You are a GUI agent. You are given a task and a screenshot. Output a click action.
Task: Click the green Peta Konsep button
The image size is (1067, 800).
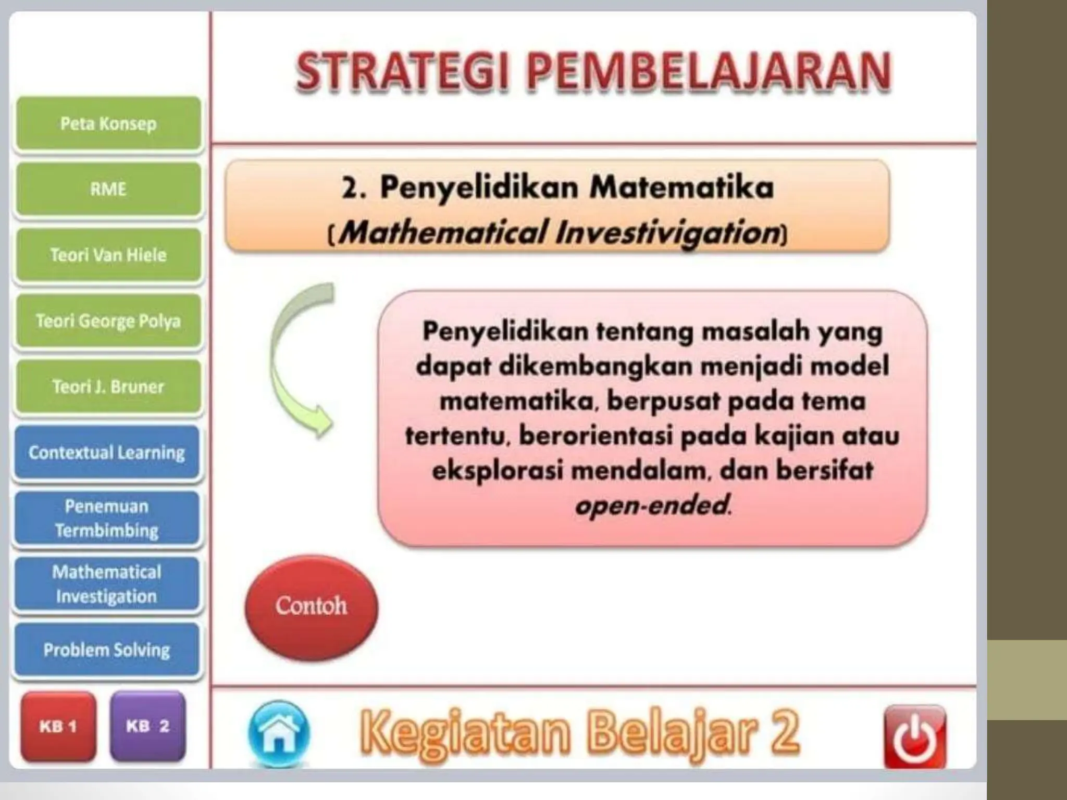click(108, 124)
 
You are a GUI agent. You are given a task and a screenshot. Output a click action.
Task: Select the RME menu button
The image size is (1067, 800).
click(108, 189)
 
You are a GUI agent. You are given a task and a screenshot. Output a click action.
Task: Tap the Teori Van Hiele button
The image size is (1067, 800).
click(108, 255)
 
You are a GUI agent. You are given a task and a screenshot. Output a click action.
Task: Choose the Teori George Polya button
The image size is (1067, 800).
click(108, 321)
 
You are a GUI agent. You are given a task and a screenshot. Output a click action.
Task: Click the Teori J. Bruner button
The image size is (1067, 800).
click(108, 386)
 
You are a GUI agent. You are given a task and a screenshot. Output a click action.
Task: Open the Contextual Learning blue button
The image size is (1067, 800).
click(107, 452)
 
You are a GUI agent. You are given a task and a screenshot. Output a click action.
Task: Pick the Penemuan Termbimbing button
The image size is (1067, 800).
click(107, 518)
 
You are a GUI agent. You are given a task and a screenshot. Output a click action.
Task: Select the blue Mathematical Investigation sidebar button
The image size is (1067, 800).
click(107, 584)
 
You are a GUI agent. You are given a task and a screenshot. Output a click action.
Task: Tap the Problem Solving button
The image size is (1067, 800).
click(107, 649)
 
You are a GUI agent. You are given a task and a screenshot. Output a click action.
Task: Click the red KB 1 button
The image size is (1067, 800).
click(58, 726)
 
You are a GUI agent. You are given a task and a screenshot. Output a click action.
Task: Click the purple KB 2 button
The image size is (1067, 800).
click(148, 726)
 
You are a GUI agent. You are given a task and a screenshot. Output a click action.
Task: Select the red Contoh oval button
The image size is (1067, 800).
click(311, 606)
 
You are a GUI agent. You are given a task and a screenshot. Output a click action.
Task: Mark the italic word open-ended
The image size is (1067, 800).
click(652, 505)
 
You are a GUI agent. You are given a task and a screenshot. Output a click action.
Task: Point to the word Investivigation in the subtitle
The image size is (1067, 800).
click(667, 232)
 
